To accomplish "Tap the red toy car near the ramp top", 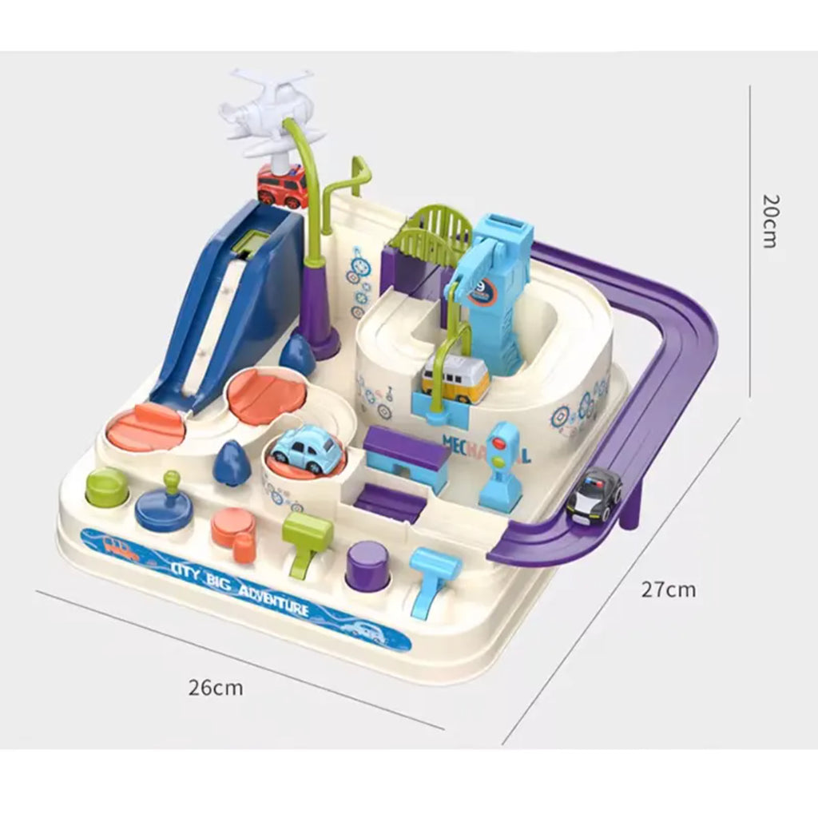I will point(282,187).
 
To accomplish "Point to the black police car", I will point(594,499).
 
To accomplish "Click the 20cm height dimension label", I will point(768,220).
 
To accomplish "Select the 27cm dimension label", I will point(669,590).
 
